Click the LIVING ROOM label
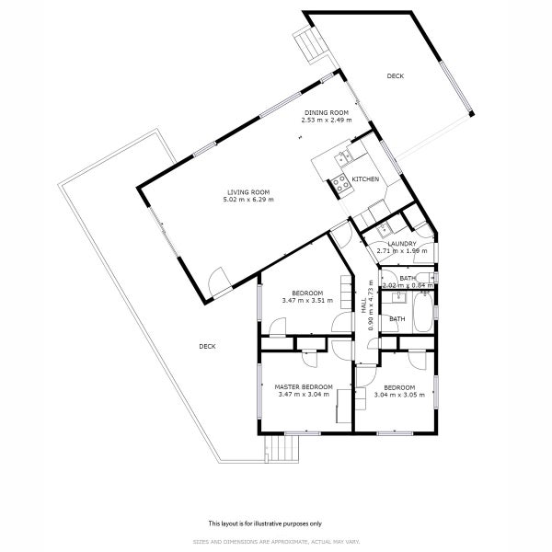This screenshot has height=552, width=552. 251,192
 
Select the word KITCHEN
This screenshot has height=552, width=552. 365,179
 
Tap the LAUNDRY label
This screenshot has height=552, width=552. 402,244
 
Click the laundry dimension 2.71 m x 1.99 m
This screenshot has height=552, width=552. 402,250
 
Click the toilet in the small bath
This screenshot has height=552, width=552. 431,277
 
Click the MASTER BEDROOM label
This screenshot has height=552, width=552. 304,387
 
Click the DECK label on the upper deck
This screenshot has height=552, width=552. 395,76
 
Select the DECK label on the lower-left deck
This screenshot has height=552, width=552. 207,346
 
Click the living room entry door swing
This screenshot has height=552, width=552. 220,281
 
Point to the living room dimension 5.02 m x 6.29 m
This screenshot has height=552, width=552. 251,200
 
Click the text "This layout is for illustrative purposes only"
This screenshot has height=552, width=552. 264,522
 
